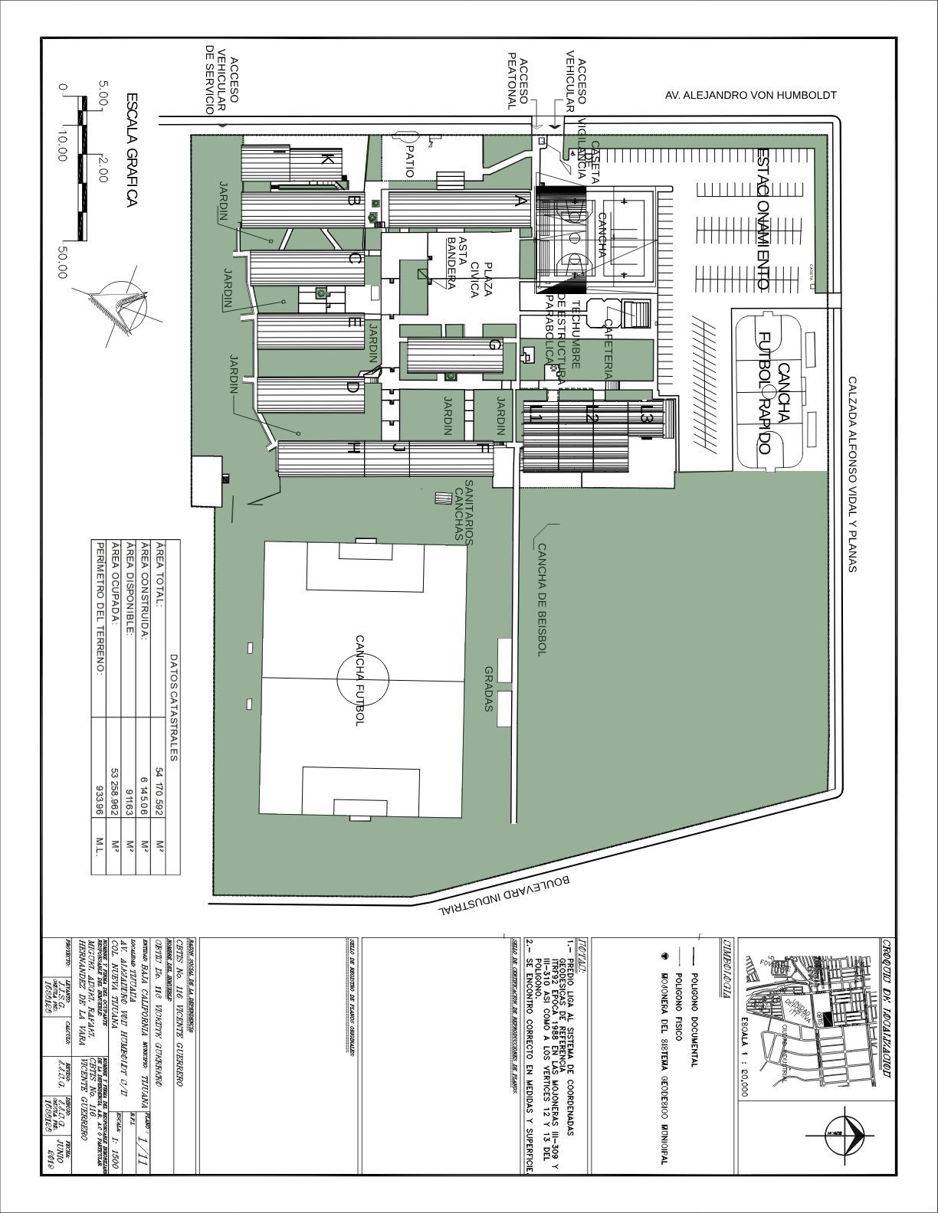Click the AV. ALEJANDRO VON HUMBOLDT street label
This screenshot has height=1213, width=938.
pyautogui.click(x=750, y=96)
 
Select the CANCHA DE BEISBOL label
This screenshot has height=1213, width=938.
pyautogui.click(x=541, y=600)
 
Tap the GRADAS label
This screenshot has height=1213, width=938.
pyautogui.click(x=488, y=688)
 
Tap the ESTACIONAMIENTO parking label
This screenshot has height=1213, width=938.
pyautogui.click(x=763, y=218)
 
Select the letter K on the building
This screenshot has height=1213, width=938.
pyautogui.click(x=326, y=159)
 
